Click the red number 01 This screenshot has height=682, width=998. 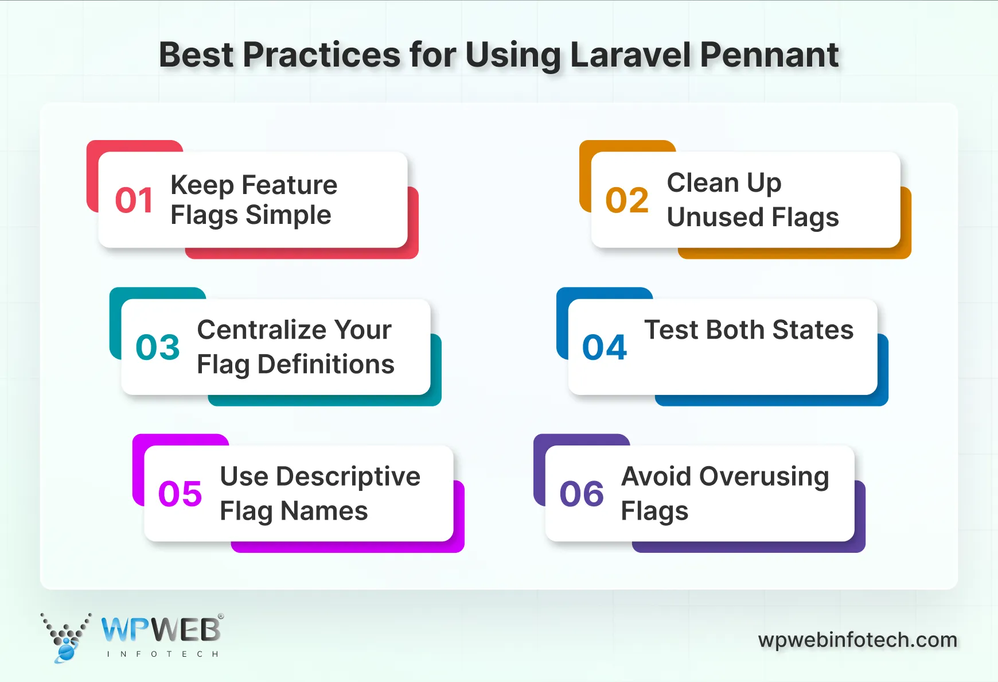(134, 200)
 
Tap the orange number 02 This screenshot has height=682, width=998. (627, 200)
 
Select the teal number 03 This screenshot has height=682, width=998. (158, 347)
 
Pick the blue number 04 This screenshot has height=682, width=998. (605, 347)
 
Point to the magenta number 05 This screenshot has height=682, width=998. (180, 494)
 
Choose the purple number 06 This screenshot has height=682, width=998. (582, 494)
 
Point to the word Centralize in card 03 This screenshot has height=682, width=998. (262, 330)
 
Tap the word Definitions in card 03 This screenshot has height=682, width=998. (326, 365)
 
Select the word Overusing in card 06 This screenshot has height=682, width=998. (764, 476)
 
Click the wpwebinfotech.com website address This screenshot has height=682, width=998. (857, 640)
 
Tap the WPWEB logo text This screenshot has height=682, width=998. (161, 630)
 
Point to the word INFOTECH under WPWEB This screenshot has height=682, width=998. (162, 654)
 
